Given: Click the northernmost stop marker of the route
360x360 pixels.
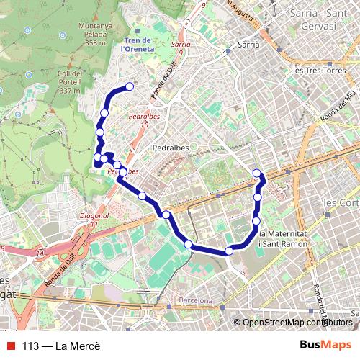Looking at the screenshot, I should click(130, 87).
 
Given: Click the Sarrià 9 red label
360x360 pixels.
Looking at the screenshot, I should click(181, 48).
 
